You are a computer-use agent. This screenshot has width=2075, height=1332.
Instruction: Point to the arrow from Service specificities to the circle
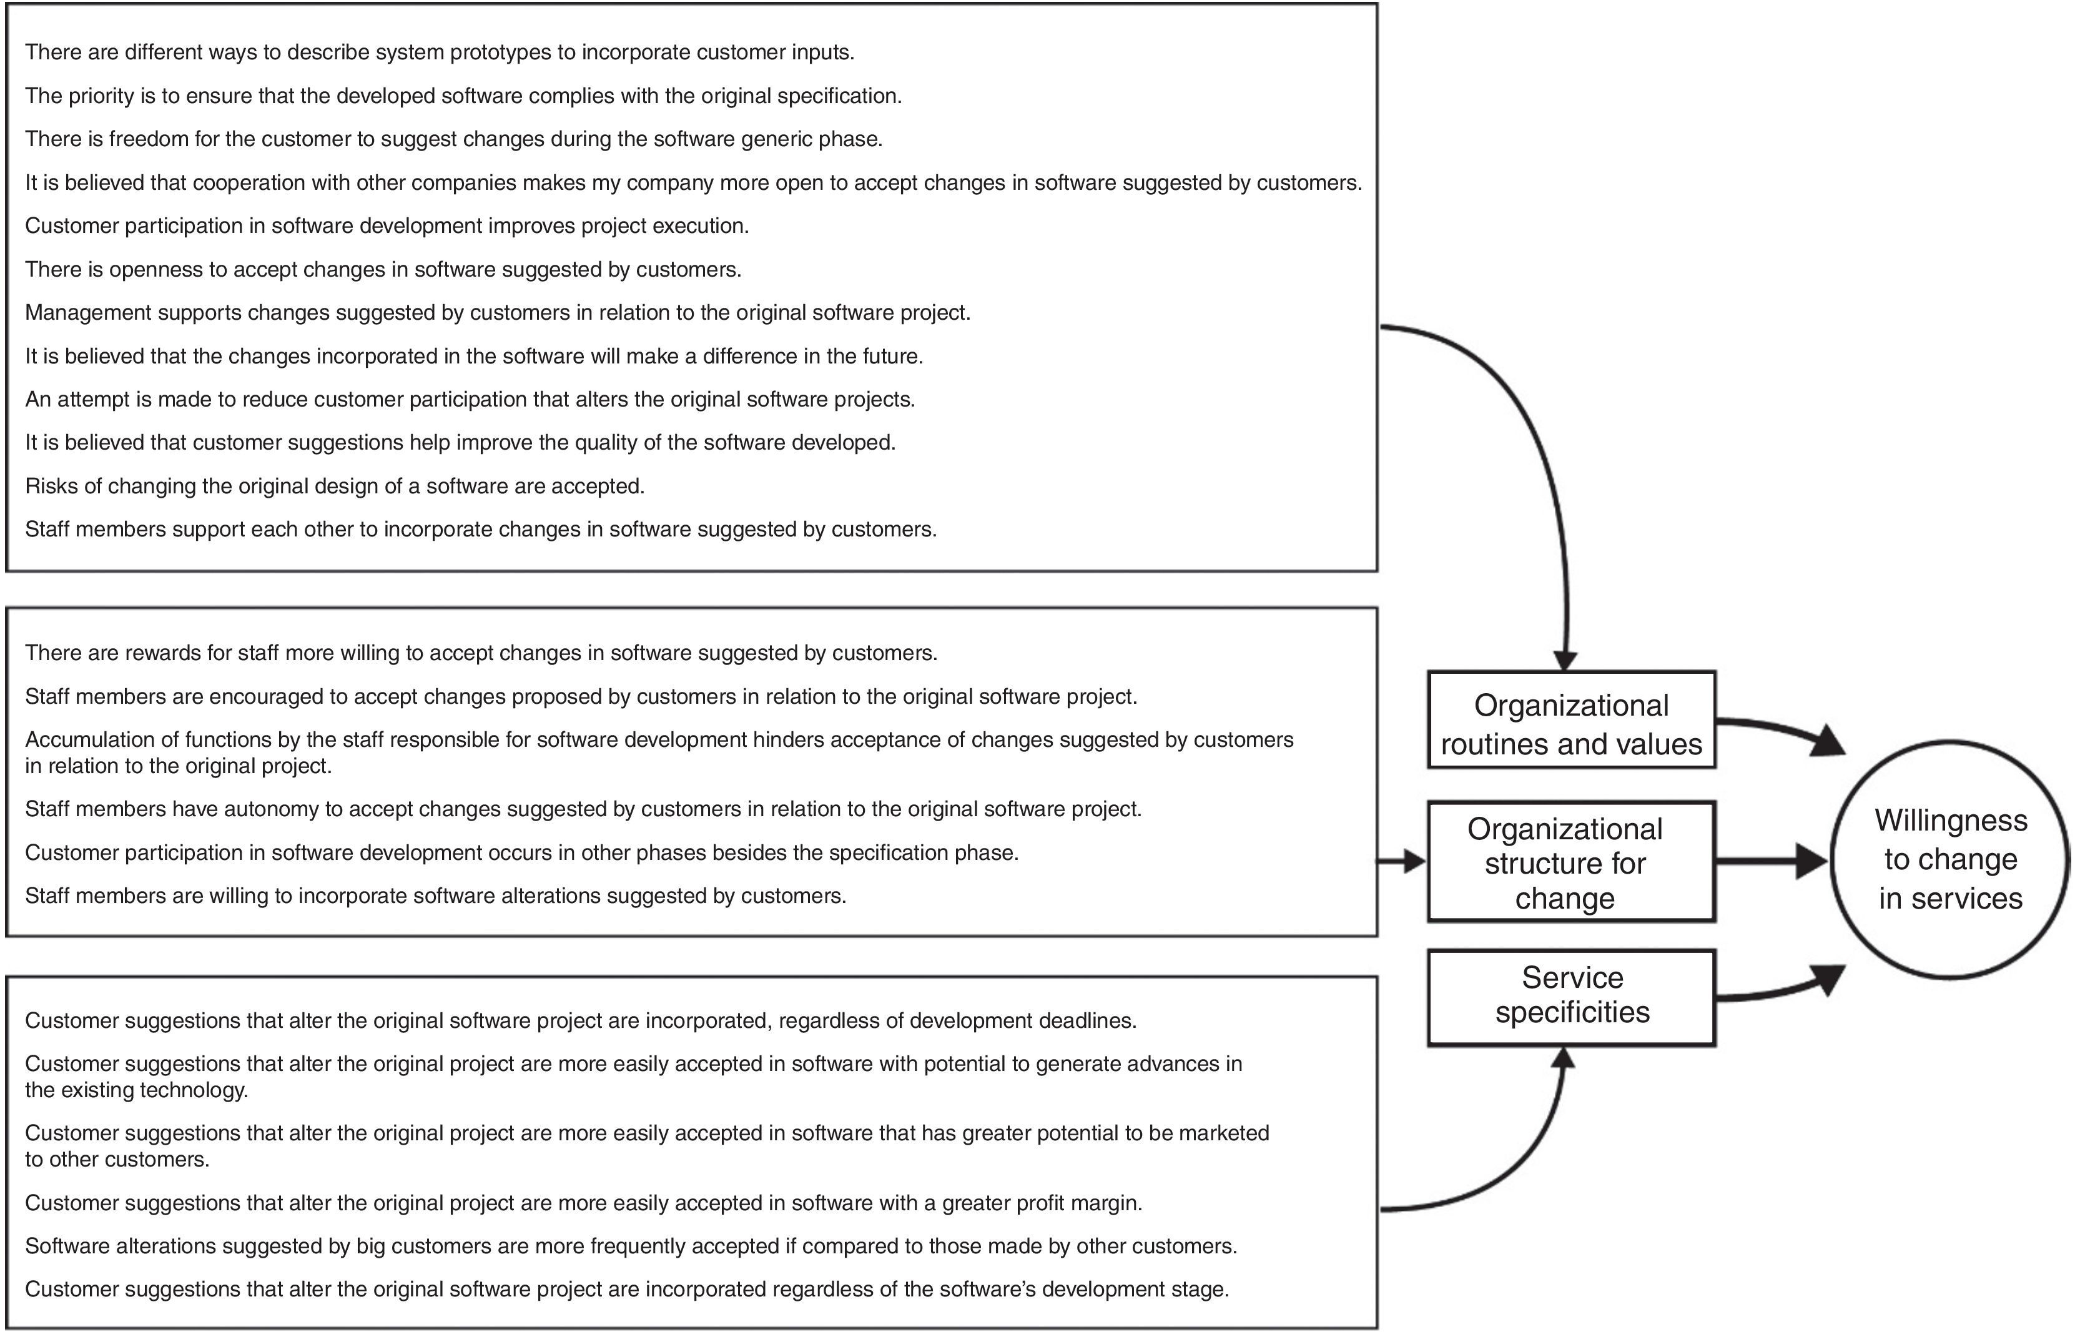point(1773,990)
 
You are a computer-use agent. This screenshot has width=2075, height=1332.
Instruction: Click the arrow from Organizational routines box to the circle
point(1773,728)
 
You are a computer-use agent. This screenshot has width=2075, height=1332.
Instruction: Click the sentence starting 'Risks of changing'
point(335,486)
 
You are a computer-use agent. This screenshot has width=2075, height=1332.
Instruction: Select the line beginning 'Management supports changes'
point(497,312)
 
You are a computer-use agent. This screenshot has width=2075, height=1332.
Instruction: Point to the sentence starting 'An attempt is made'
point(470,400)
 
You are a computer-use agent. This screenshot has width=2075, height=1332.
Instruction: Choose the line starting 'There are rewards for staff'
point(481,653)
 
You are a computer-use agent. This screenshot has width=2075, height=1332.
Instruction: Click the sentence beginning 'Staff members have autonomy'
point(583,809)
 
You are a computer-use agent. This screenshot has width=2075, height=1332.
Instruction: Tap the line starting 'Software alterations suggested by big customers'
point(631,1246)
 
